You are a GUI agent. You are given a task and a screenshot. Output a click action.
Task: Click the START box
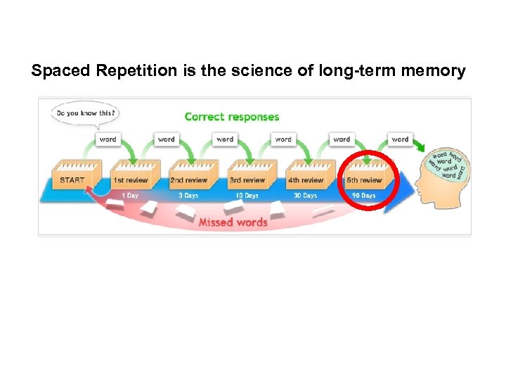point(72,179)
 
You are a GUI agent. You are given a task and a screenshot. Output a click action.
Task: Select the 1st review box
point(131,179)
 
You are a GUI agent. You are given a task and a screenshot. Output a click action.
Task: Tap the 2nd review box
point(189,179)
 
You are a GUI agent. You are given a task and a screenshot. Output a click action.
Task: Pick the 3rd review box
point(247,179)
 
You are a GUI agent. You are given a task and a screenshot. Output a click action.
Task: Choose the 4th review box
point(306,179)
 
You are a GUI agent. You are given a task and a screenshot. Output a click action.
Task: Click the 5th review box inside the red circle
point(364,179)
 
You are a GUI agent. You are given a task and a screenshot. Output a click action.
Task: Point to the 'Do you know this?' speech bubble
point(84,113)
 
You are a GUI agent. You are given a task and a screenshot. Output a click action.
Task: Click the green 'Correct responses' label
point(231,117)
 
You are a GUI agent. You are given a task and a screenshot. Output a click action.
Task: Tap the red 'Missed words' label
point(233,222)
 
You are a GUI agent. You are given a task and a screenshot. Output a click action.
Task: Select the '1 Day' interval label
point(130,196)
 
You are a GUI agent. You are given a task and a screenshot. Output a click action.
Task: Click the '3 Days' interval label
point(188,196)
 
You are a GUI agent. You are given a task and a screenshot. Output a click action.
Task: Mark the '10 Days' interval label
point(247,196)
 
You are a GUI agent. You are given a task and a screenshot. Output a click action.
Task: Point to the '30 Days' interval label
point(305,196)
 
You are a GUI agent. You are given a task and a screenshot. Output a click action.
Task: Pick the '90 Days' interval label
point(364,196)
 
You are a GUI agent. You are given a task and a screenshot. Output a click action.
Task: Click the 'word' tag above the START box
point(108,139)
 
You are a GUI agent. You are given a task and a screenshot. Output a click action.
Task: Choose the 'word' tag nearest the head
point(400,139)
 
